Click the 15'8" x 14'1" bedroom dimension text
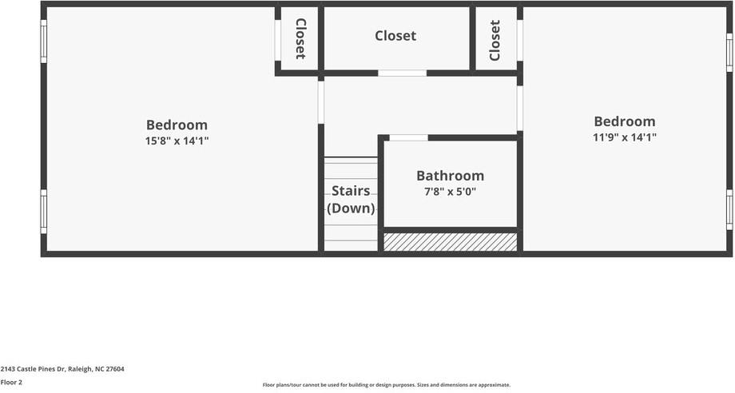(x=177, y=141)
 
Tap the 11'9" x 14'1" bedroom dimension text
(x=624, y=137)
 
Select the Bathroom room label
(x=450, y=176)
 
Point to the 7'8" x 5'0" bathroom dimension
(x=450, y=192)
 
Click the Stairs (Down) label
(x=351, y=200)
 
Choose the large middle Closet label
(x=395, y=36)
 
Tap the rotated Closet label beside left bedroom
(x=300, y=38)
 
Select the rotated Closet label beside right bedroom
(x=495, y=40)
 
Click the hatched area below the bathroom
(x=450, y=242)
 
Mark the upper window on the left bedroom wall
(x=44, y=41)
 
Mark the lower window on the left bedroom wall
(x=44, y=211)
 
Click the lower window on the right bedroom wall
(x=729, y=209)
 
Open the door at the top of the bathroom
(x=408, y=137)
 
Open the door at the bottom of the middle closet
(x=402, y=73)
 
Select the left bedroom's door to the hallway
(x=320, y=102)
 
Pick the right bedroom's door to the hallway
(x=519, y=108)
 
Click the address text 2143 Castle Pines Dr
(x=62, y=369)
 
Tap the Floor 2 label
(x=11, y=382)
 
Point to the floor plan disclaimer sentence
(x=386, y=385)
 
